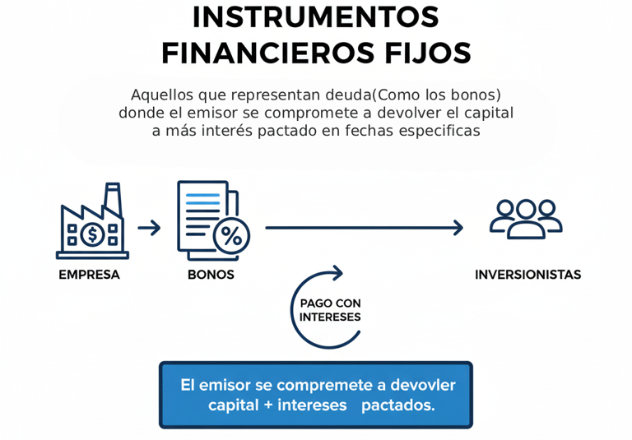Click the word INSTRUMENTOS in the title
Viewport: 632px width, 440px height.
coord(316,17)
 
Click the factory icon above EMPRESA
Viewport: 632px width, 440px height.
coord(92,222)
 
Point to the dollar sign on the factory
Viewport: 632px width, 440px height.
coord(92,234)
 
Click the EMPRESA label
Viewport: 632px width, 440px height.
coord(89,275)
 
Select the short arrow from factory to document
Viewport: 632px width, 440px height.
coord(149,228)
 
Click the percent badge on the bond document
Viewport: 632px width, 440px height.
coord(231,237)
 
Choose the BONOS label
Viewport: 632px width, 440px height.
coord(211,275)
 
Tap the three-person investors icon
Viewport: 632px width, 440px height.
coord(526,218)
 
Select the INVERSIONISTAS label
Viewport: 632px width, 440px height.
coord(527,275)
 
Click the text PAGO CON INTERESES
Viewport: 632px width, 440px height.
coord(330,310)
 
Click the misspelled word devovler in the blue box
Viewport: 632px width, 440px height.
coord(423,385)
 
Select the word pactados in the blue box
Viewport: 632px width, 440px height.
coord(397,405)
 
